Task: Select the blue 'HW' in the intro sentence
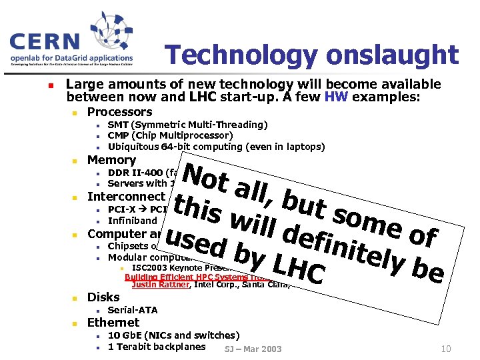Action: coord(335,97)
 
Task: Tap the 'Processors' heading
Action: coord(120,112)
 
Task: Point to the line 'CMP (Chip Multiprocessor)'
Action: coord(170,136)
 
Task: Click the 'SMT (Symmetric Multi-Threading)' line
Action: coord(187,125)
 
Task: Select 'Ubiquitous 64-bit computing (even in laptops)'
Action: coord(216,147)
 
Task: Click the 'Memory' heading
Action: coord(111,160)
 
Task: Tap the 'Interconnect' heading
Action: coord(125,197)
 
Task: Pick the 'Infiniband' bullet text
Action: coord(132,221)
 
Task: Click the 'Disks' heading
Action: coord(103,297)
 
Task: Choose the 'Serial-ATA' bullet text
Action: coord(132,311)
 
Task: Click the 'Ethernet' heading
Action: coord(113,323)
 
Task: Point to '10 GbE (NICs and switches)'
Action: coord(173,335)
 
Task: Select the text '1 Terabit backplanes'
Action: coord(157,347)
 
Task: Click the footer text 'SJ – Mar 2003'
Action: coord(253,349)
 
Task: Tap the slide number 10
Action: coord(446,349)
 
